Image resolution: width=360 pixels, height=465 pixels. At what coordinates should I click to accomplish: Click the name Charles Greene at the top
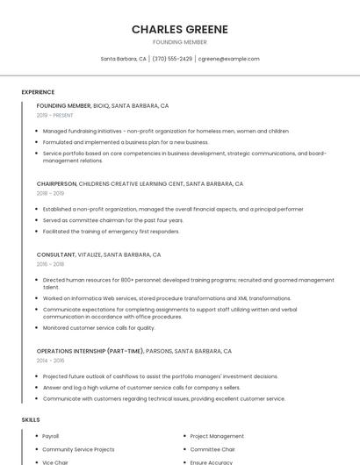(179, 29)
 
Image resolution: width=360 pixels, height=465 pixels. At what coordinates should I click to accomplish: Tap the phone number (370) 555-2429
(172, 59)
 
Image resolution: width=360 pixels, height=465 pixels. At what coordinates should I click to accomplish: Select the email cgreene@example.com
(228, 59)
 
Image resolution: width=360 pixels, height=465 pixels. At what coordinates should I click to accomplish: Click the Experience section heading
(38, 92)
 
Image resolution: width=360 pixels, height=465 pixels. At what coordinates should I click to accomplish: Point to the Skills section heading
(31, 419)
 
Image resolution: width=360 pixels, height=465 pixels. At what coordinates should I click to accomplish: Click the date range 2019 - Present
(54, 115)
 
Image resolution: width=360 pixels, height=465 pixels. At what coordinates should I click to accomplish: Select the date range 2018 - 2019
(50, 193)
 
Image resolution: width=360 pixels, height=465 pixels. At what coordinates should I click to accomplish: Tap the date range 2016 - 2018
(50, 264)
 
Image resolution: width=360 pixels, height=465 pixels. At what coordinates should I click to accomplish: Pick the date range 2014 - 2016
(50, 360)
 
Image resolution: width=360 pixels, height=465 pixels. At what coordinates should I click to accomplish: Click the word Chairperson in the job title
(56, 184)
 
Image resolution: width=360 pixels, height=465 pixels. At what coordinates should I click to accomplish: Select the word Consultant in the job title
(55, 254)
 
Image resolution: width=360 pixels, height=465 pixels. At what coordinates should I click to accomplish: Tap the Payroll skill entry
(51, 436)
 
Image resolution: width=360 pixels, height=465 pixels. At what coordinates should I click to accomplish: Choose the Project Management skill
(217, 436)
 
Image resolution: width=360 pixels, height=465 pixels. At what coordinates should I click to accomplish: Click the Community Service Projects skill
(78, 449)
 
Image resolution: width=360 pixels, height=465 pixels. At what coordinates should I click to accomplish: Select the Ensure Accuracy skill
(212, 461)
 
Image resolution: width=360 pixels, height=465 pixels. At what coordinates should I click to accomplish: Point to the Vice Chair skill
(55, 461)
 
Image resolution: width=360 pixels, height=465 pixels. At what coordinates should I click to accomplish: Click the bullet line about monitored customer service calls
(98, 328)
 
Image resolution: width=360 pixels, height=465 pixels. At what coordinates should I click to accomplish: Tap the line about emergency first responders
(111, 232)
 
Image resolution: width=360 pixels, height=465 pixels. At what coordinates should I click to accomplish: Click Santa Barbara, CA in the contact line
(124, 59)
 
